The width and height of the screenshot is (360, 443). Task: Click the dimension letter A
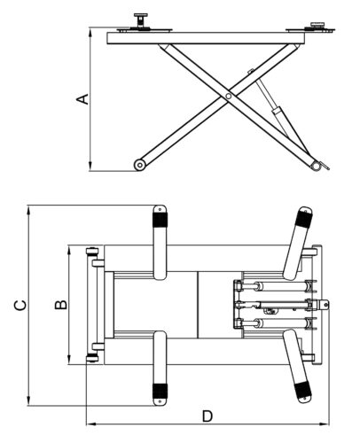82,99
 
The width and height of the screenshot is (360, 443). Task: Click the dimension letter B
61,305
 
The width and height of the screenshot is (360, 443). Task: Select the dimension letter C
20,306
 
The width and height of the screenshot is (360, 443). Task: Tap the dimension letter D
207,416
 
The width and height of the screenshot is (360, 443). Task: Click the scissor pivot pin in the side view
228,96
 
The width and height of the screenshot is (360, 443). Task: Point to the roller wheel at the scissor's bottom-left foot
139,165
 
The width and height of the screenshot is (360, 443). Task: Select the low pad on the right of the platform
317,26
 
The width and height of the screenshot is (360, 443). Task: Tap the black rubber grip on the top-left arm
160,220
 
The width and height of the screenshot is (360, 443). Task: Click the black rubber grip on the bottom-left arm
160,391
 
